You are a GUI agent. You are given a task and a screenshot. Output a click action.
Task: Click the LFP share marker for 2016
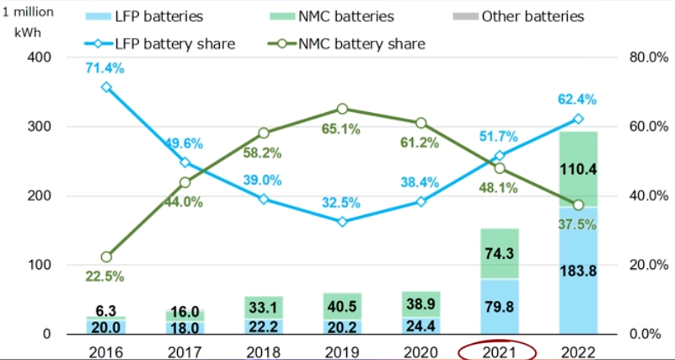105,87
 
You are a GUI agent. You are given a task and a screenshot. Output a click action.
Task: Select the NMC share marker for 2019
342,109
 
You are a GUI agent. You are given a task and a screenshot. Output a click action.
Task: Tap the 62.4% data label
576,99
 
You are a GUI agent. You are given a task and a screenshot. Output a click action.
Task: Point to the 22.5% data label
105,276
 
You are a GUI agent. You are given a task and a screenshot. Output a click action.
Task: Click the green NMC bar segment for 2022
577,169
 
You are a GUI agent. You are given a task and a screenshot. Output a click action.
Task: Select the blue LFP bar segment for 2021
499,306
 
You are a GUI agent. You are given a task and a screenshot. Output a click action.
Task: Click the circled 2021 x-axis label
499,349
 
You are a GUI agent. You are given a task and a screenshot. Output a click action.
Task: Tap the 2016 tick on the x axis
105,349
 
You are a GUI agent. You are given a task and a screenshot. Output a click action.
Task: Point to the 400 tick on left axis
38,57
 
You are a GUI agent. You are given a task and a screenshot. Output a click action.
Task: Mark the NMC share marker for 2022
578,205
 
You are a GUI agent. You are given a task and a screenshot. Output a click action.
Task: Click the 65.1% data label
341,129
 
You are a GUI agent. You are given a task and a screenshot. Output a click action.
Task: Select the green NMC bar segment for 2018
263,308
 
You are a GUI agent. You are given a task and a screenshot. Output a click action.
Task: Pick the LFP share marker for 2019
342,222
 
